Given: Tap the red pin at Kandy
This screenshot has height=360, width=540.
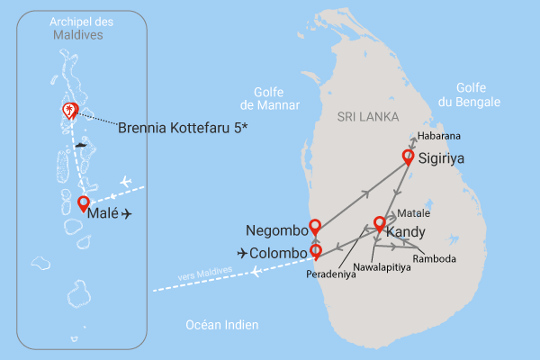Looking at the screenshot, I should [x=380, y=224].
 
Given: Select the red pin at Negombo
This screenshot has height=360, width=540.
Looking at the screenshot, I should [x=314, y=227].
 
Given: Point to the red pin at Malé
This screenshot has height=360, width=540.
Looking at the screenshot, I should [x=84, y=203].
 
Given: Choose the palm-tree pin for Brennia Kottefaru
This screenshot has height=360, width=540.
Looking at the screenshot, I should [x=68, y=110].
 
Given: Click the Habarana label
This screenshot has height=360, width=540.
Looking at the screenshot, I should [x=438, y=136].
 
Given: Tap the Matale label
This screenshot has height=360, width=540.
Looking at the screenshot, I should [x=413, y=214].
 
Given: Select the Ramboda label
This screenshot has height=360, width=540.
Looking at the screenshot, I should [x=435, y=259].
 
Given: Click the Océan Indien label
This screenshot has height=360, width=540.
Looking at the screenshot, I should [x=221, y=325].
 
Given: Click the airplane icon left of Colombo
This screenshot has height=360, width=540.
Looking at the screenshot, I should [x=242, y=253].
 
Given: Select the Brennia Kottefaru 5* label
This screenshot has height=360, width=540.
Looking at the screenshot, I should [x=183, y=128].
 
